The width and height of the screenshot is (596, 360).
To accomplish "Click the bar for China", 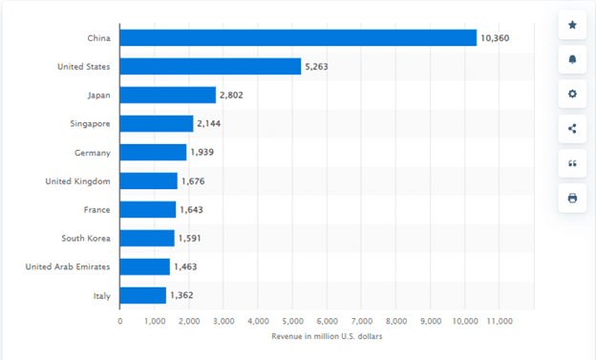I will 298,37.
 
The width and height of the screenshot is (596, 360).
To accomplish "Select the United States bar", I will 210,66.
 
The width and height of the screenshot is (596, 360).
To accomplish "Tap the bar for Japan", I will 168,95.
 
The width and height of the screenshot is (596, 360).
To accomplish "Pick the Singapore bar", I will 157,123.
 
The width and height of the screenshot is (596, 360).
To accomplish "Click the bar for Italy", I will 143,295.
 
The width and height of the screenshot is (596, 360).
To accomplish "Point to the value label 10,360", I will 495,37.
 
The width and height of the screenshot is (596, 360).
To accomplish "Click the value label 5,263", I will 317,66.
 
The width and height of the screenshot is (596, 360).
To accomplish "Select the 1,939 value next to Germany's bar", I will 202,152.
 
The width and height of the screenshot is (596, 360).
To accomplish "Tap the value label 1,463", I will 185,266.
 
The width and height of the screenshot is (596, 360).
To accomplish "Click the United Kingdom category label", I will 77,180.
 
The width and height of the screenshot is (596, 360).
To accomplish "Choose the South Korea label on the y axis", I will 85,238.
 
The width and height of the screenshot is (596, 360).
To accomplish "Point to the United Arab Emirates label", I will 68,266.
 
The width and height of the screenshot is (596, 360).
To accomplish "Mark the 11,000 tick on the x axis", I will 500,322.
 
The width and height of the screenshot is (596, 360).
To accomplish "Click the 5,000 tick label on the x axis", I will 292,322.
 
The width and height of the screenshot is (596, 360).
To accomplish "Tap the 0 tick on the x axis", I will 120,322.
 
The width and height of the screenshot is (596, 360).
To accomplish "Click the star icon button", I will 572,25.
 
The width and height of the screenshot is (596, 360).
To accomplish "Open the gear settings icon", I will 572,94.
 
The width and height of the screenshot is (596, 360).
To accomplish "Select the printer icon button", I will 572,198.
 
